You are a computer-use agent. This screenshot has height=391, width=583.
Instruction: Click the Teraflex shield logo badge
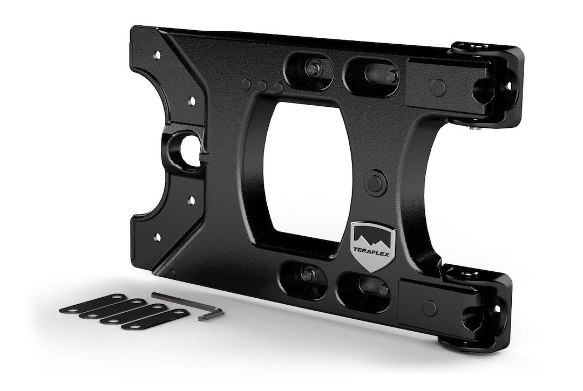point(372,246)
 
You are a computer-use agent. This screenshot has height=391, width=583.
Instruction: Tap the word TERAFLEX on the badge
point(372,249)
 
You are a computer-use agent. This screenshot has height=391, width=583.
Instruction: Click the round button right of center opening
point(375,183)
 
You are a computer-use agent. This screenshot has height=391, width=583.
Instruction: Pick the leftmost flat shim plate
point(92,304)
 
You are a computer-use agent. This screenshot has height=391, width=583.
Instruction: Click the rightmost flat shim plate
point(156,320)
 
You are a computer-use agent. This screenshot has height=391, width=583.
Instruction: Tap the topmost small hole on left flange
point(157,54)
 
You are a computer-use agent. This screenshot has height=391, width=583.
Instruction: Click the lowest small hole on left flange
point(157,237)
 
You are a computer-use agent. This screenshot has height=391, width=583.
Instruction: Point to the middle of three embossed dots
point(262,86)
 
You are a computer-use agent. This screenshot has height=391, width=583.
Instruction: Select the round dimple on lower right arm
point(429,308)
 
